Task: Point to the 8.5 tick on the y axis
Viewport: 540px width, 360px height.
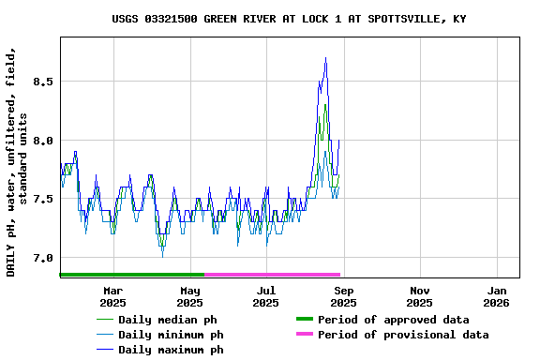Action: point(42,82)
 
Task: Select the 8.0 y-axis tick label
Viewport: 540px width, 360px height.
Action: point(42,141)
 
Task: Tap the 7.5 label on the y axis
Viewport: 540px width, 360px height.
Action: point(42,199)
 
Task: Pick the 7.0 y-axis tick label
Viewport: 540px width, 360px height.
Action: point(42,258)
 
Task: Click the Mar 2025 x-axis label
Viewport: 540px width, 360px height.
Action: point(112,296)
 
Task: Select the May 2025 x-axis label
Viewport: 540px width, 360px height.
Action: point(189,296)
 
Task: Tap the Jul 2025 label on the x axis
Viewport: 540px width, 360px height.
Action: point(266,296)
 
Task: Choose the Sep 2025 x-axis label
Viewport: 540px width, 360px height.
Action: point(343,296)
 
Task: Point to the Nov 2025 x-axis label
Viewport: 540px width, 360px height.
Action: point(420,296)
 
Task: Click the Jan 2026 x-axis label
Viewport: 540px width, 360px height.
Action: point(497,296)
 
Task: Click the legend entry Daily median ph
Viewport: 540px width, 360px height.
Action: point(168,320)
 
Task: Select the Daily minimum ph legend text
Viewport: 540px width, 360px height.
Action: point(171,335)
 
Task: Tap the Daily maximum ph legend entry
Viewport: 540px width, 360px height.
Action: point(171,350)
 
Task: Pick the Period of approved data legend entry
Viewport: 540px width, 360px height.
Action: point(393,320)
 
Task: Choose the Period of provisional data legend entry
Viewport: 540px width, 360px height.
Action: point(403,335)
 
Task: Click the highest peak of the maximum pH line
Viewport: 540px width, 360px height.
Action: point(325,58)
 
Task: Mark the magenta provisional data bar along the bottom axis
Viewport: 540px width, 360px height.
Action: point(272,275)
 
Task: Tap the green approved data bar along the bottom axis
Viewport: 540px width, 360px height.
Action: point(131,275)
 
